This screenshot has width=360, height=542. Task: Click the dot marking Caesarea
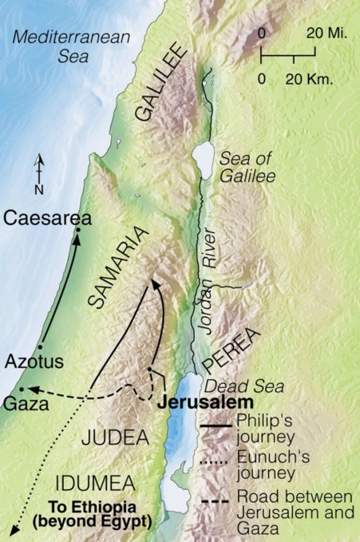point(78,231)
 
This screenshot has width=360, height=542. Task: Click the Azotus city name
point(34,362)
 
